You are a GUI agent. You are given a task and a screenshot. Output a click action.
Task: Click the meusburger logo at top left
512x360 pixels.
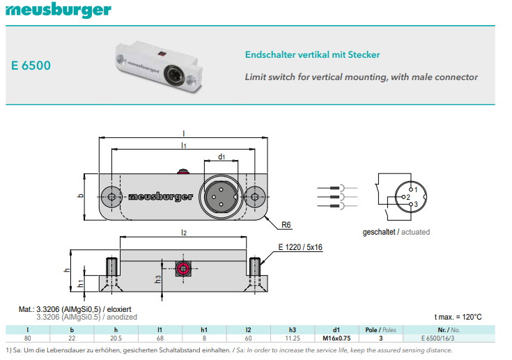click(x=57, y=10)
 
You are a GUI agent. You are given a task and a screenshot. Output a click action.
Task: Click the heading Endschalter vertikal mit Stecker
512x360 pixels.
click(x=313, y=54)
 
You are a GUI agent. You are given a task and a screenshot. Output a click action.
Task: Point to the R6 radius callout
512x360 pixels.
click(x=286, y=225)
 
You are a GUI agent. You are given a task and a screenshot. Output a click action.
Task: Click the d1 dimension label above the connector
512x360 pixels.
click(x=222, y=157)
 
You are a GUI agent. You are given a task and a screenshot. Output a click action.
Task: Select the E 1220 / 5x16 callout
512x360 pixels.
click(x=300, y=247)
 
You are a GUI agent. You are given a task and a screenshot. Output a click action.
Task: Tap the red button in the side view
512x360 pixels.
click(x=183, y=269)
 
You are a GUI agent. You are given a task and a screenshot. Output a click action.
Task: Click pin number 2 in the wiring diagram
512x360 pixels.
click(x=408, y=197)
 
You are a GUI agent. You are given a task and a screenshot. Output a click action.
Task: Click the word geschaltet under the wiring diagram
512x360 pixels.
click(x=379, y=232)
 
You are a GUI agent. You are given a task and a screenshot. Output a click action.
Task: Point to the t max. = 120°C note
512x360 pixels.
click(x=458, y=317)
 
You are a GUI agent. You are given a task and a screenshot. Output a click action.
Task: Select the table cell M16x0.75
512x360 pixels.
click(x=336, y=338)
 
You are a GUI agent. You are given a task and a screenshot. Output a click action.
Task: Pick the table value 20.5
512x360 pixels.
click(x=116, y=338)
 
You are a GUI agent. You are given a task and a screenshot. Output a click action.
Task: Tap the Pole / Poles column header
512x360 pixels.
click(x=380, y=329)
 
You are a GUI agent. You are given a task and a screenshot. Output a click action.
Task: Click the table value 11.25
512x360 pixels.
click(x=293, y=338)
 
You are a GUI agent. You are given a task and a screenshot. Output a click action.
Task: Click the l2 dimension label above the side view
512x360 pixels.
click(x=183, y=232)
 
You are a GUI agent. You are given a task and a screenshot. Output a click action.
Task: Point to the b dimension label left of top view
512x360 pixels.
click(x=80, y=196)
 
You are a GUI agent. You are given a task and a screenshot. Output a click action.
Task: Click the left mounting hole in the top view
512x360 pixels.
click(x=112, y=196)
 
